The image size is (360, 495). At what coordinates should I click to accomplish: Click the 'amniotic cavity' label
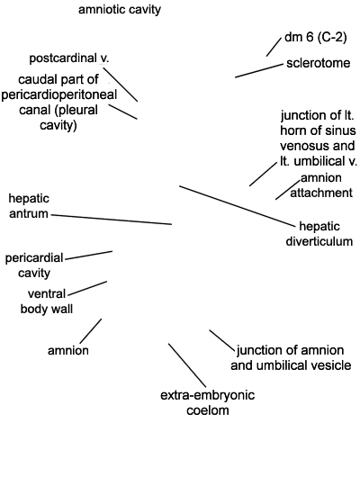pos(120,10)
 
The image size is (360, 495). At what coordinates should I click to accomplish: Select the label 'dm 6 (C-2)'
pos(316,37)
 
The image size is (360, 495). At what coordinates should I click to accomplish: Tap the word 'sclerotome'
pos(319,63)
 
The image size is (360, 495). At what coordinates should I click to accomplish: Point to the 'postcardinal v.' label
pos(69,58)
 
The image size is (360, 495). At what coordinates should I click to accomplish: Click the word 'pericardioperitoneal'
pos(59,94)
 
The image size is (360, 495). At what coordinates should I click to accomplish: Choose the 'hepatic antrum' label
pos(29,206)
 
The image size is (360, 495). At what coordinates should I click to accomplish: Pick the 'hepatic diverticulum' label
pos(319,234)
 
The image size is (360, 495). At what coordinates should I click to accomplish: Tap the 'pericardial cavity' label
pos(34,265)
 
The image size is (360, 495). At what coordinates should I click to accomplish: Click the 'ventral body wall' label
pos(47,301)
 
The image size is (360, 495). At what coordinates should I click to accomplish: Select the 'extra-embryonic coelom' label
pos(208,403)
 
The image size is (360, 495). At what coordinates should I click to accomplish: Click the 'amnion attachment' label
pos(321,185)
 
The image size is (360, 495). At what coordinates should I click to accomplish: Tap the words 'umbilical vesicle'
pos(304,365)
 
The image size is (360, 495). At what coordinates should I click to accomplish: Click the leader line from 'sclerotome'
pos(259,71)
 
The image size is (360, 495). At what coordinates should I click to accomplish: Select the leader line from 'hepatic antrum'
pos(112,220)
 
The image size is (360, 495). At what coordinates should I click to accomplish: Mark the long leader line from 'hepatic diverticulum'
pos(237,206)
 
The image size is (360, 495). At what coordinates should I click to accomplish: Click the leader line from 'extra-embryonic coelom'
pos(187,365)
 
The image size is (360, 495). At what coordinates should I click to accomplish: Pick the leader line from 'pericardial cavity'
pos(89,256)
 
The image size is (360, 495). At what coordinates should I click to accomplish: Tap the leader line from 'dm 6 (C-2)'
pos(274,47)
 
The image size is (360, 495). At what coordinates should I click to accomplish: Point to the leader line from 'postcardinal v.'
pos(121,85)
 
